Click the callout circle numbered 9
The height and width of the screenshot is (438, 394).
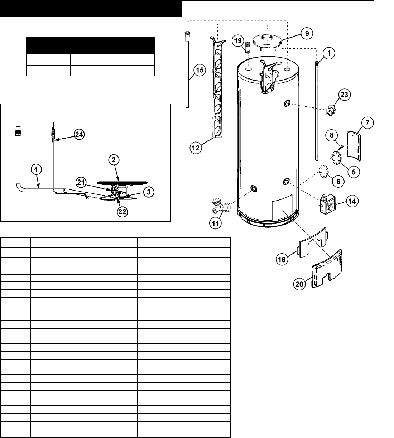(x=306, y=34)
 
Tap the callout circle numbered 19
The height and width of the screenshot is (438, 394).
(x=237, y=41)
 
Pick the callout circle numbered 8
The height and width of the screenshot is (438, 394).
(x=331, y=135)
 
